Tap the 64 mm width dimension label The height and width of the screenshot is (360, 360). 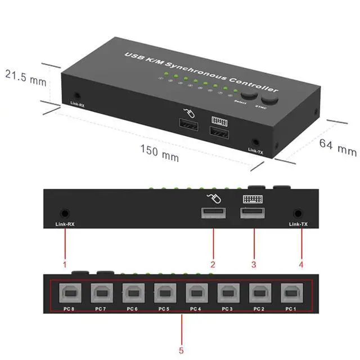pyautogui.click(x=338, y=147)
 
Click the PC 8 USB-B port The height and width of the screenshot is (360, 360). pyautogui.click(x=70, y=294)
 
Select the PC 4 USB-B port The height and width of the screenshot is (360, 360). pyautogui.click(x=196, y=294)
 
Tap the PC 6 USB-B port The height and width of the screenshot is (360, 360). pyautogui.click(x=133, y=294)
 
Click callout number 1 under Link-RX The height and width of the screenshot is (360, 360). pyautogui.click(x=65, y=263)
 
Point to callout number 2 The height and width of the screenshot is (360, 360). pyautogui.click(x=213, y=263)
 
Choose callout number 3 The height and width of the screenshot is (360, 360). pyautogui.click(x=254, y=263)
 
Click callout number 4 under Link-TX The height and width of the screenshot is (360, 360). pyautogui.click(x=301, y=263)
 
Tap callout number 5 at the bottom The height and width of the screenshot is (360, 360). pyautogui.click(x=181, y=350)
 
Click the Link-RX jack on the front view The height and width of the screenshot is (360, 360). pyautogui.click(x=65, y=213)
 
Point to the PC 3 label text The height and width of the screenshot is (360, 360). pyautogui.click(x=227, y=309)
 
